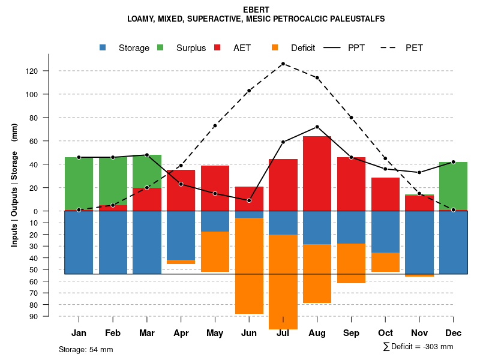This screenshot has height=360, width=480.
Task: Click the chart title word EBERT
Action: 256,10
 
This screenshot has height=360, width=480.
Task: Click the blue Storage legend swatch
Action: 103,47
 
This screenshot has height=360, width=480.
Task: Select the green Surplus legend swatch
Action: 161,47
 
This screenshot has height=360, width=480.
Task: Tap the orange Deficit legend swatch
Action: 275,47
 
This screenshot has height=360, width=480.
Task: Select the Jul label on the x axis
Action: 283,333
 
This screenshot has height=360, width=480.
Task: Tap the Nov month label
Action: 419,333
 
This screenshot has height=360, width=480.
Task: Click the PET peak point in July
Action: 283,64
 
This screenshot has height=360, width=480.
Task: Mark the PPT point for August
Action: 317,127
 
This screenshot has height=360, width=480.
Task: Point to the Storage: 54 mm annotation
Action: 86,349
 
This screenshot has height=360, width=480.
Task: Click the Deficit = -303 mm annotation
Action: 418,347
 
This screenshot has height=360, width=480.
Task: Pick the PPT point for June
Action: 249,200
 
